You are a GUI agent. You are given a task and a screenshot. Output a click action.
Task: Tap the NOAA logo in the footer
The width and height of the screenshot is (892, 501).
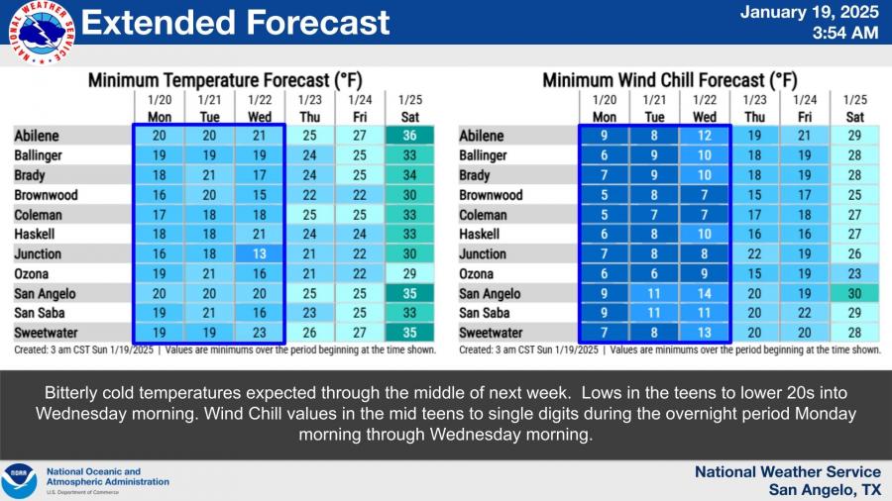[19, 481]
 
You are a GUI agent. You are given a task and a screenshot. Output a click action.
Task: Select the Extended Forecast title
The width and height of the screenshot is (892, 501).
[235, 22]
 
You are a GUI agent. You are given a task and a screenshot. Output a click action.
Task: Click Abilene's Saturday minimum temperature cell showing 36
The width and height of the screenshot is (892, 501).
[407, 136]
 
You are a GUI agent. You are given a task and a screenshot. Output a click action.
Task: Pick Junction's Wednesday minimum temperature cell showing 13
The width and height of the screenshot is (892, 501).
[258, 254]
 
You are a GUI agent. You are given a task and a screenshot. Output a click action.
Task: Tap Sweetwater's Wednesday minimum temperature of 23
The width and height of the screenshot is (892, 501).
[258, 334]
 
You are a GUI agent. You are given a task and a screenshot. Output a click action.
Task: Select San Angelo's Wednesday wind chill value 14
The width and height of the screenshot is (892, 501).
[704, 294]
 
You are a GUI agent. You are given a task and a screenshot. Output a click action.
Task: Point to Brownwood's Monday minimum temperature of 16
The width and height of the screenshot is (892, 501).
[159, 195]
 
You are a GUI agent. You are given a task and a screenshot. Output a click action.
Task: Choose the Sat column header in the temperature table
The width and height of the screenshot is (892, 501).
[407, 116]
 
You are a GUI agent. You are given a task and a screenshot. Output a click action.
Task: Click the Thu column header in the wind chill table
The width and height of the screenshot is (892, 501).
[754, 116]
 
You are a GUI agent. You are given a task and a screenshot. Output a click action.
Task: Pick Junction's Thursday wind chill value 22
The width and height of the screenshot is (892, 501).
[754, 254]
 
